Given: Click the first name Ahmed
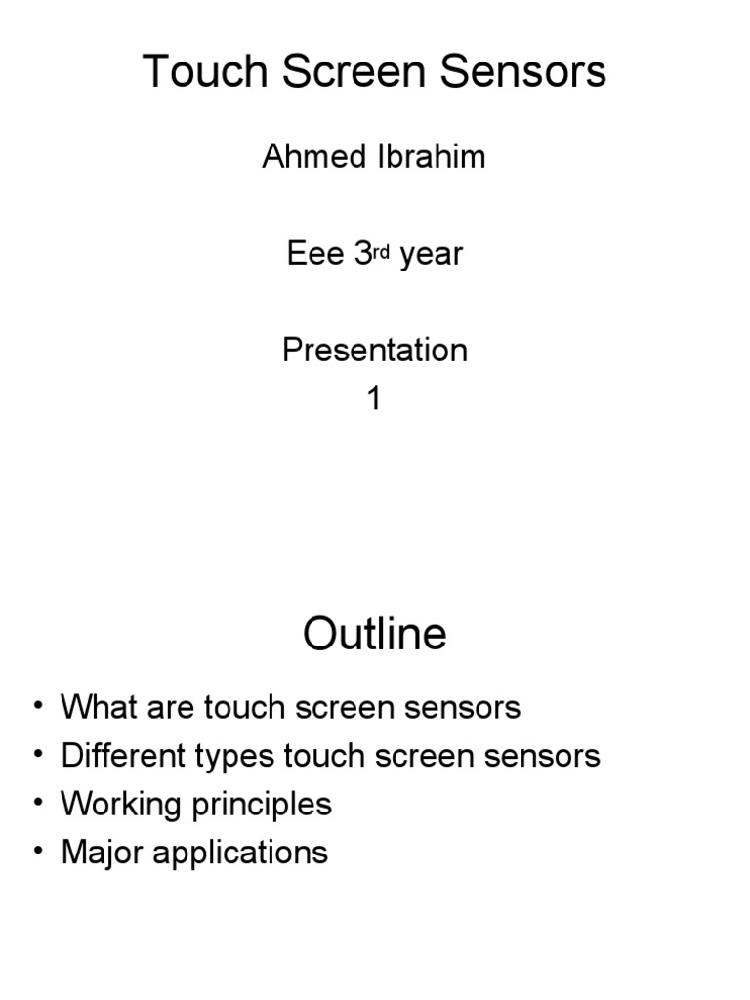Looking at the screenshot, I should pyautogui.click(x=307, y=158).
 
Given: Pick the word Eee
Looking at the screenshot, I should pyautogui.click(x=315, y=254).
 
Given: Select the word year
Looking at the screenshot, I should pyautogui.click(x=431, y=256).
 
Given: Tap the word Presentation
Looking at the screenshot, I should pyautogui.click(x=375, y=350).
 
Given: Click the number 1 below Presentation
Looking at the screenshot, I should pyautogui.click(x=374, y=398).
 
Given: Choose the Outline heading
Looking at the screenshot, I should pyautogui.click(x=375, y=635).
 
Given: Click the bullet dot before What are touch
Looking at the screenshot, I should pyautogui.click(x=37, y=705).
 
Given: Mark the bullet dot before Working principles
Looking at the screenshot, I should pyautogui.click(x=37, y=803).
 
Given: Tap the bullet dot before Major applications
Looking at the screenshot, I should pyautogui.click(x=37, y=851).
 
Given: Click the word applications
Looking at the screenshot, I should pyautogui.click(x=240, y=854).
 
